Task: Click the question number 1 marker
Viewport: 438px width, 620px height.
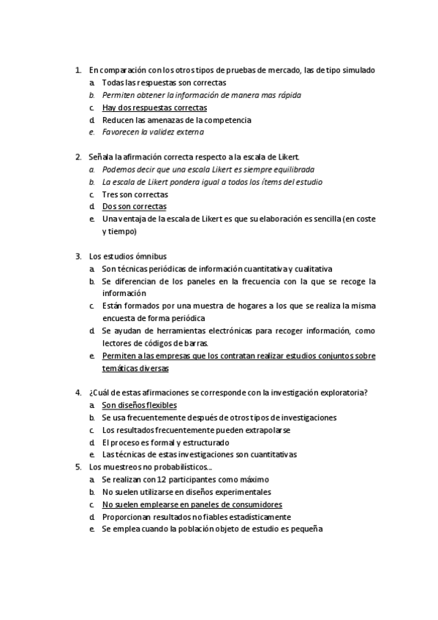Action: click(x=78, y=70)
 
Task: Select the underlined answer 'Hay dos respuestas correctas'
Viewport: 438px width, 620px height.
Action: click(x=154, y=107)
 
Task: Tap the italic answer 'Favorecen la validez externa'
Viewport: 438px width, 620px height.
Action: click(x=153, y=132)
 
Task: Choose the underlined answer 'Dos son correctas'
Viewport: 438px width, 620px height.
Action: click(x=135, y=207)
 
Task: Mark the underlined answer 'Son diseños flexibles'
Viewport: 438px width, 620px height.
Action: click(x=139, y=405)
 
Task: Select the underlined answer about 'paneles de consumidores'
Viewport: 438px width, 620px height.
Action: click(x=192, y=504)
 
